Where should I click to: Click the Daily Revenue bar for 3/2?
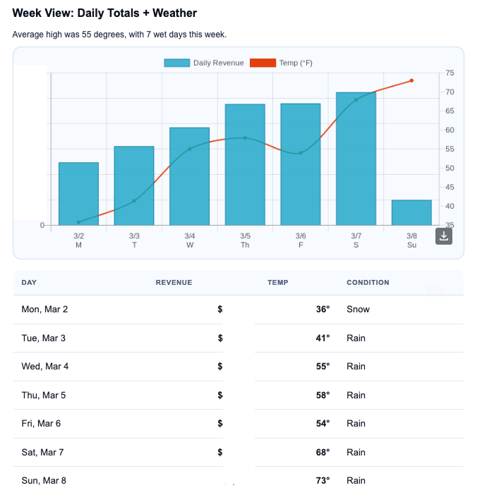coord(78,194)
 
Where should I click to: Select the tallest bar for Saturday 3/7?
coord(356,159)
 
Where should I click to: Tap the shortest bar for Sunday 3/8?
coord(411,212)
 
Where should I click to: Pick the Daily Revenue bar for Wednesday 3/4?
coord(189,176)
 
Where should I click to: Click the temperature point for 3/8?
coord(411,80)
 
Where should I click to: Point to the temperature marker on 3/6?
coord(301,153)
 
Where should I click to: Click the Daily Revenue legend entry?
coord(204,63)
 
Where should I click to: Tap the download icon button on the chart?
coord(444,236)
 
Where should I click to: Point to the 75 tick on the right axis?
coord(450,73)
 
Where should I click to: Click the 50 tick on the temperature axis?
coord(450,169)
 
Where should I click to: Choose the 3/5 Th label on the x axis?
coord(245,240)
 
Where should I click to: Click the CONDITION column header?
coord(368,283)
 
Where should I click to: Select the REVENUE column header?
coord(174,283)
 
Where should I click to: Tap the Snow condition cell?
coord(358,310)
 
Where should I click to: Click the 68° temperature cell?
coord(323,452)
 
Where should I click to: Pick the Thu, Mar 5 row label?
coord(44,395)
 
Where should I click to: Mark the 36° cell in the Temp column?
coord(323,310)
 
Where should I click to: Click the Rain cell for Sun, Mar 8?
coord(356,481)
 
